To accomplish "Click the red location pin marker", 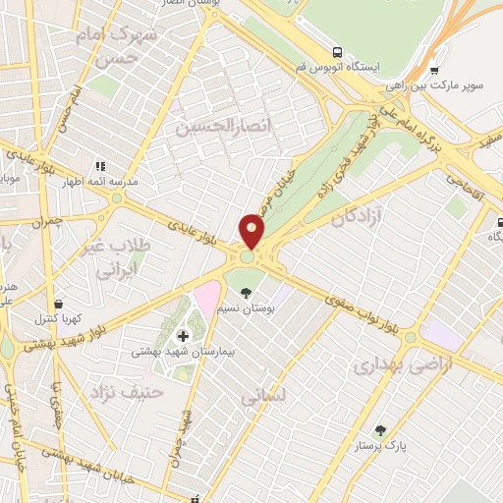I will coord(252,231).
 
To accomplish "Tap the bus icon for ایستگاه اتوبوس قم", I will coord(338,52).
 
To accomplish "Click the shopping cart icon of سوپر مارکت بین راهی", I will coord(434,71).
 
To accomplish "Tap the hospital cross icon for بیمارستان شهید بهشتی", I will coord(183,335).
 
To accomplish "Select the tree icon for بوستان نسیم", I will coord(246,292).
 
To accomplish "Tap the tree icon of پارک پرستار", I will coord(381,430).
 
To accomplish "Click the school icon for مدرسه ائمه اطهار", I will coord(100,166).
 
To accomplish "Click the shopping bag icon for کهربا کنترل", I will coord(61,304).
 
